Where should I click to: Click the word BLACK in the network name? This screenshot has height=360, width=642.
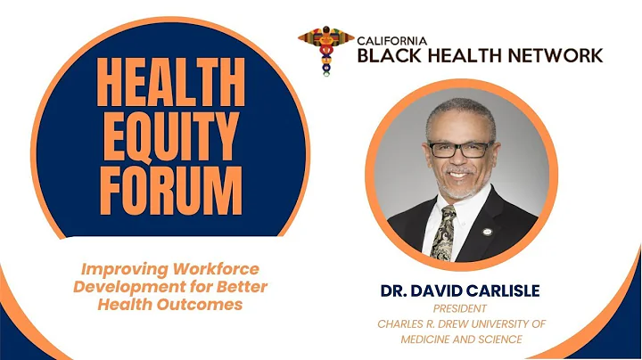(x=388, y=56)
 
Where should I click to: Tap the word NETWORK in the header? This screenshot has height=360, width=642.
(x=553, y=56)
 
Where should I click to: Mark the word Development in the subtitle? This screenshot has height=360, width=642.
(x=131, y=285)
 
